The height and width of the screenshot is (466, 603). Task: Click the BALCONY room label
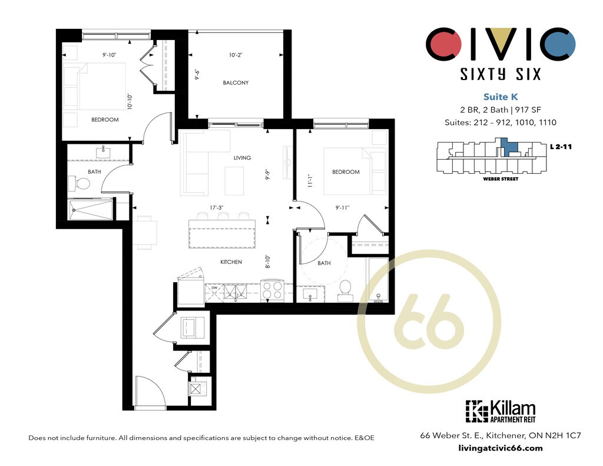tap(236, 82)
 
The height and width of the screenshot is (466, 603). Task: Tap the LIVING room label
tap(242, 158)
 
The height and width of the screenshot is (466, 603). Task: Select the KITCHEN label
tap(231, 262)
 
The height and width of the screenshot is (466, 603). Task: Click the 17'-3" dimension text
tap(217, 207)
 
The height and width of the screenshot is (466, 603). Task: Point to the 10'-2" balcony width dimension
tap(236, 55)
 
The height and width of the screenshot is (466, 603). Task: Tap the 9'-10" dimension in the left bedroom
tap(109, 55)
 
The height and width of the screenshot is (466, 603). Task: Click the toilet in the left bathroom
tap(79, 184)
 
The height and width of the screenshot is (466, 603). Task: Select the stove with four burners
tap(272, 291)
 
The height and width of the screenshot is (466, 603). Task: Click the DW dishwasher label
tap(214, 287)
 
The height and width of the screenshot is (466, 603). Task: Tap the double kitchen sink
tap(234, 292)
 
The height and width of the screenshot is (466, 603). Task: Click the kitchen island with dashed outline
tap(222, 234)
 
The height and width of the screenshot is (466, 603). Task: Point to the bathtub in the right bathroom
tap(379, 280)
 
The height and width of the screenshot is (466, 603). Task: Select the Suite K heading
tap(501, 97)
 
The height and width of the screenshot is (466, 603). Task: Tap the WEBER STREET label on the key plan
tap(501, 179)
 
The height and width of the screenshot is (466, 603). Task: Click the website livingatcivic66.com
tap(501, 448)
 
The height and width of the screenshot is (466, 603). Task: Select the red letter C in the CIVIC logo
tap(443, 44)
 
